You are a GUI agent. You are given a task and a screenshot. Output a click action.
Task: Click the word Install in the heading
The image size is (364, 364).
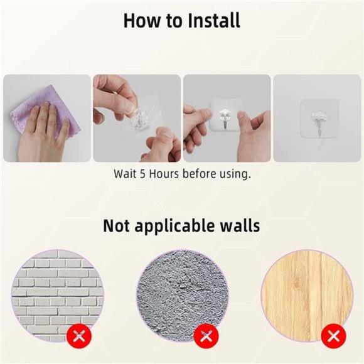[214, 21]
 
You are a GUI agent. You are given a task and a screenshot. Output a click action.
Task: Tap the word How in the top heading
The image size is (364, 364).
[142, 21]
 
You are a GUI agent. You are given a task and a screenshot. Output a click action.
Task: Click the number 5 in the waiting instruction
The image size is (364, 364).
[142, 174]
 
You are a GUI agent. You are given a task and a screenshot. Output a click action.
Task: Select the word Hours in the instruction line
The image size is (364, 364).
[164, 174]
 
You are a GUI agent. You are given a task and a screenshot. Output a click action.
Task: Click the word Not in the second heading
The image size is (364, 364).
[116, 226]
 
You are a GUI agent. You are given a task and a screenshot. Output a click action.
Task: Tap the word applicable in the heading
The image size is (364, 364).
[175, 227]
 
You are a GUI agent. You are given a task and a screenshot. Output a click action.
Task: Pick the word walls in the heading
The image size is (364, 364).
[240, 225]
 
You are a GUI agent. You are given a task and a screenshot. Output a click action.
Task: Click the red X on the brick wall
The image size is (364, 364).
[79, 336]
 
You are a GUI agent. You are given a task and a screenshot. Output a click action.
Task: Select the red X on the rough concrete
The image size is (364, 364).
[206, 336]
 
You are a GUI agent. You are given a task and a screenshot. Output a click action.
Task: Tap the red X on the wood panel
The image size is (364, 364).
[333, 336]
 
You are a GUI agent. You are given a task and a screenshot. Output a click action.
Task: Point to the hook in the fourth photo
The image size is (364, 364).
[320, 123]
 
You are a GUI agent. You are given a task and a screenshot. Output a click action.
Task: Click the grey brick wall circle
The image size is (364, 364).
[57, 296]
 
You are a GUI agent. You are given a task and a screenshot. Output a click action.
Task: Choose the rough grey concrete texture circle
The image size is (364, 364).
[183, 296]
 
